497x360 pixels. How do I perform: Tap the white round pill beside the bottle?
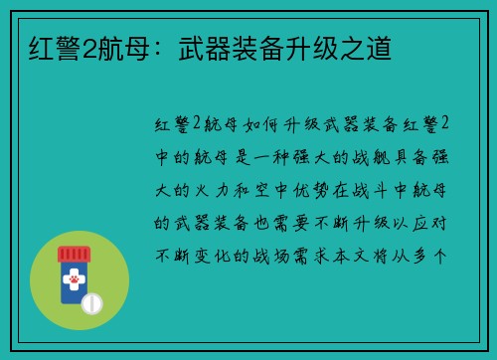click(x=91, y=301)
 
